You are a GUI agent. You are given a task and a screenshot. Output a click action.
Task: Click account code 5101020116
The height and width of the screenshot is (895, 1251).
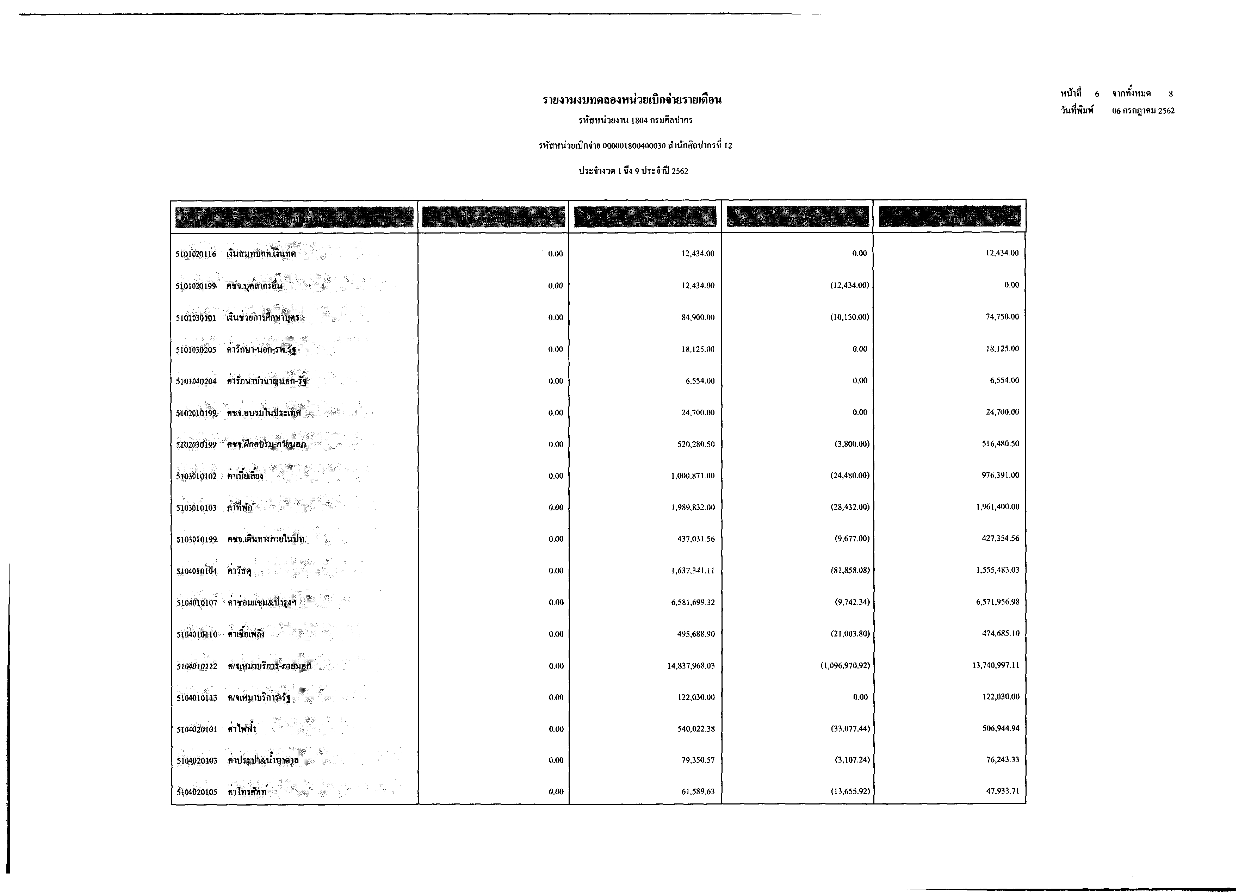[196, 254]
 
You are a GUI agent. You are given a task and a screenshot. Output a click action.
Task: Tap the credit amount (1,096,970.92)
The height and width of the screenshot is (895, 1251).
[845, 666]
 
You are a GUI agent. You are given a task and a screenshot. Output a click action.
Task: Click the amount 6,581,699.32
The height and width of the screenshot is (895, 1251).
[693, 602]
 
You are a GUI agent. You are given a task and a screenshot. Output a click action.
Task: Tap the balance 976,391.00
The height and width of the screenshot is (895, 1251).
[1000, 475]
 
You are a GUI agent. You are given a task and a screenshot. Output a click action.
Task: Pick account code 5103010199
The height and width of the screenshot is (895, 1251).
[197, 540]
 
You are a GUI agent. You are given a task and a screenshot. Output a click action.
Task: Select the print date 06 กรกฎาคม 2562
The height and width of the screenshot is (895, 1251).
[1143, 111]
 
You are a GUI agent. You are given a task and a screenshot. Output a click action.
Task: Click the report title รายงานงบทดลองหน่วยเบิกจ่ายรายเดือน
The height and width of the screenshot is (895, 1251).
[632, 100]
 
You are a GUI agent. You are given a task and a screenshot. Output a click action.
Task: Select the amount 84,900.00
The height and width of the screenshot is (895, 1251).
[698, 317]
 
